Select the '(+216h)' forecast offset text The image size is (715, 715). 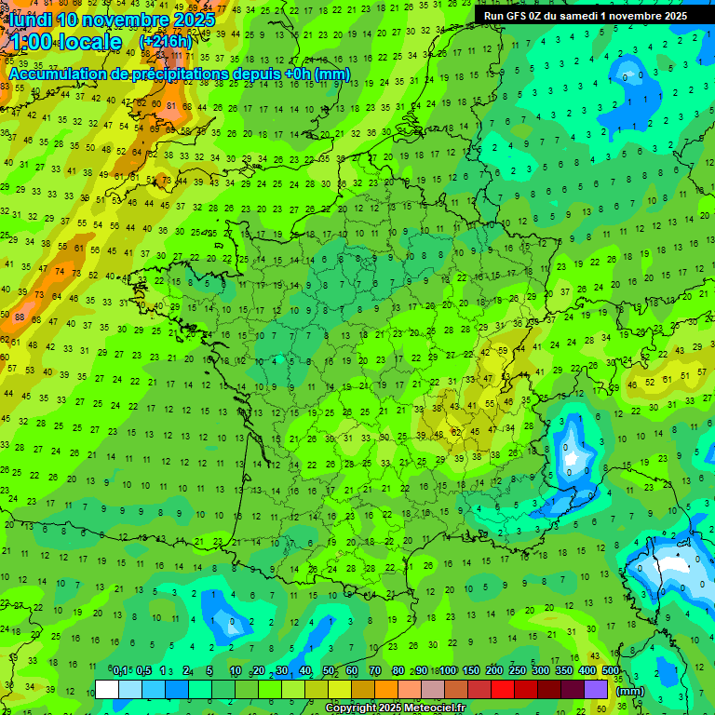point(166,42)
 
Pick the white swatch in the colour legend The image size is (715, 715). point(107,690)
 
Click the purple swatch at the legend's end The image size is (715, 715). point(596,690)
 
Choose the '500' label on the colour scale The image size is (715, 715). point(610,671)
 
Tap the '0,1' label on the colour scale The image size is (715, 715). point(120,671)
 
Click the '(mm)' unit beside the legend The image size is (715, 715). point(630,691)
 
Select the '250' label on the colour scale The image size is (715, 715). point(517,671)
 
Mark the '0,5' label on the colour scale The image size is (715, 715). point(143,671)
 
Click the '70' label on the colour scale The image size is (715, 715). point(376,671)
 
